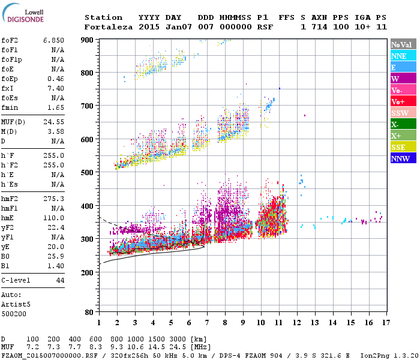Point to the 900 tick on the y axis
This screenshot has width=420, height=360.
tap(87, 40)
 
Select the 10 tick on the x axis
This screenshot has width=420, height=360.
tap(261, 322)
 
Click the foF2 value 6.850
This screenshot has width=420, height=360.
tap(53, 40)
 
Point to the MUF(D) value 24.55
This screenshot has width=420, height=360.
tap(53, 122)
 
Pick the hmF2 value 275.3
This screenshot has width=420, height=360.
tap(53, 197)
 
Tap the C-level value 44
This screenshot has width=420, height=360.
tap(60, 280)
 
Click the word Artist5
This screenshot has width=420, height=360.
tap(16, 304)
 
